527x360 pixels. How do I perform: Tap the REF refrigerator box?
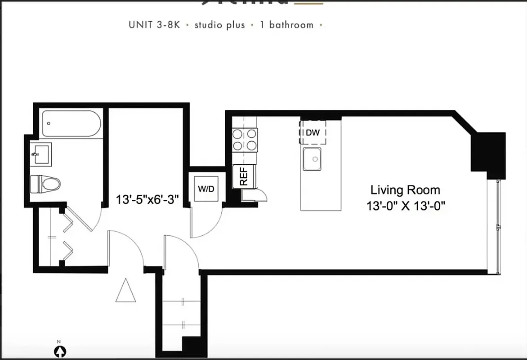[x=244, y=176]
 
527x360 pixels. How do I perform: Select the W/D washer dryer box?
[x=206, y=189]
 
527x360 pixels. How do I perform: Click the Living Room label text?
[x=405, y=189]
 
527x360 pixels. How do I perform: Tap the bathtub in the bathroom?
[x=70, y=123]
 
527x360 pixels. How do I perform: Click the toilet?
[x=45, y=184]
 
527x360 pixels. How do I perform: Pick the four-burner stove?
[x=245, y=139]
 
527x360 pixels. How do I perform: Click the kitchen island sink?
[x=312, y=159]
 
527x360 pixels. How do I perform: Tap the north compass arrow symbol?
[x=58, y=351]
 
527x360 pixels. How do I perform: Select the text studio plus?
[x=219, y=25]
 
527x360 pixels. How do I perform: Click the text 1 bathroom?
[x=286, y=25]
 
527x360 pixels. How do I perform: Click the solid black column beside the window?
[x=487, y=153]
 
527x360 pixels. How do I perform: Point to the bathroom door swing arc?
[x=83, y=218]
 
